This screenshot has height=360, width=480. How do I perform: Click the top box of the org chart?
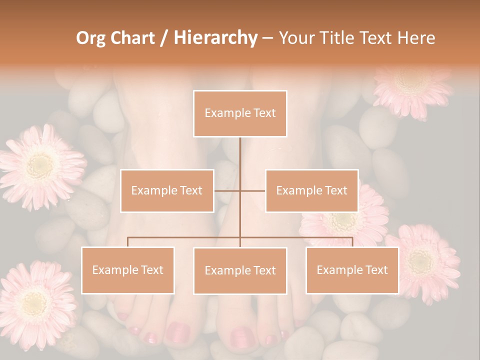(240, 113)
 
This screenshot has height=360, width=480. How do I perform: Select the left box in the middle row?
(167, 190)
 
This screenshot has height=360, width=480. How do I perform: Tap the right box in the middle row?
(311, 190)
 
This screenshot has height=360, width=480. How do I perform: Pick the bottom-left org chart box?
(128, 270)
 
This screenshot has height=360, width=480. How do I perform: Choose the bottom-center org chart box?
(240, 270)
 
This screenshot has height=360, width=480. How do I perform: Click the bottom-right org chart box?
(352, 270)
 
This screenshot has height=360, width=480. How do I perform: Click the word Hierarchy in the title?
(215, 38)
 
